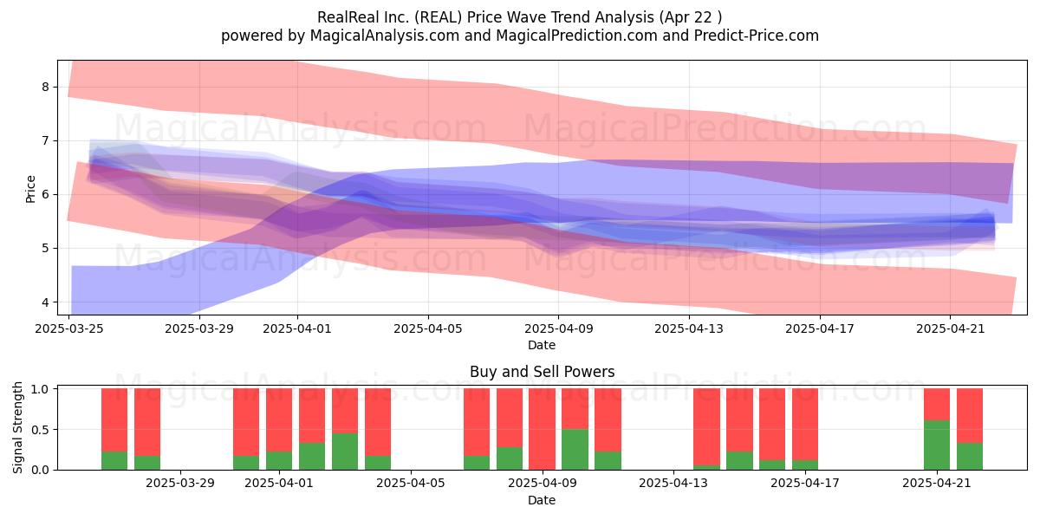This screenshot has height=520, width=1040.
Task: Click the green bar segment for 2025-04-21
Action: tap(937, 445)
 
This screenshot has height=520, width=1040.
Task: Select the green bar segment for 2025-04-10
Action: tap(575, 449)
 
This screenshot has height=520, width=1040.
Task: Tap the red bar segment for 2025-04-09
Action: tap(542, 429)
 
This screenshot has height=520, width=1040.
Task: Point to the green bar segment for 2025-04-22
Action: tap(970, 456)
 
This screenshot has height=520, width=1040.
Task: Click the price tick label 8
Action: tap(45, 87)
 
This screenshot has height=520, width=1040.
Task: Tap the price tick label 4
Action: tap(45, 302)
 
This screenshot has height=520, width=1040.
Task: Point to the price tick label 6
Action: tap(45, 194)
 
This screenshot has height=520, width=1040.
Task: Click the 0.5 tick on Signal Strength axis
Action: tap(41, 430)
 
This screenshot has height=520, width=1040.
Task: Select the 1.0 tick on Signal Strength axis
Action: tap(41, 389)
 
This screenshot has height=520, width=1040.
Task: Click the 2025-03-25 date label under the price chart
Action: tap(69, 328)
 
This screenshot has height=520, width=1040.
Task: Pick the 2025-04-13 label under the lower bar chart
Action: tap(673, 484)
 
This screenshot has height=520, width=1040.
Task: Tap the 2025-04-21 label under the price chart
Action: tap(951, 328)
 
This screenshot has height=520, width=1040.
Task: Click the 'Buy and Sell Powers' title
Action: tap(543, 372)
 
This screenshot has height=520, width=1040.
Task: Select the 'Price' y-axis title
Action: tap(30, 189)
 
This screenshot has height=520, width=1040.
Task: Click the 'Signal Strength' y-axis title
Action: tap(17, 427)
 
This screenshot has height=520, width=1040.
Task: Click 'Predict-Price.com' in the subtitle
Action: tap(757, 36)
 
